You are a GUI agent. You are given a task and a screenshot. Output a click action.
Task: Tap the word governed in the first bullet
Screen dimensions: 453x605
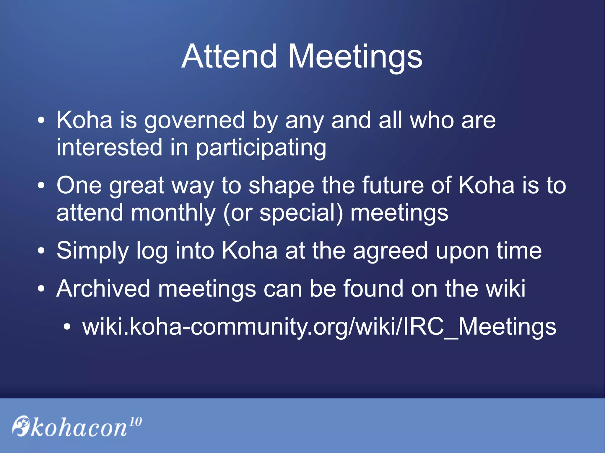coord(195,121)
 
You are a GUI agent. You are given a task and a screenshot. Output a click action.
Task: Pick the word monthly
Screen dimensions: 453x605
coord(173,213)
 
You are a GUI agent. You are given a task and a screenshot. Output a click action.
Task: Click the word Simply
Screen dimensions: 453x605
coord(92,251)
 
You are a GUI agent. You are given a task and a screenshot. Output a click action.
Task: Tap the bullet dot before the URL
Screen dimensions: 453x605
coord(67,327)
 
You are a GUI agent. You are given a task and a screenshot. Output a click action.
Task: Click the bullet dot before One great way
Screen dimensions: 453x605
coord(41,186)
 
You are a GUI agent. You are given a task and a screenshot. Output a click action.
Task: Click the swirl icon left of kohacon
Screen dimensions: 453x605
coord(21,426)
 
